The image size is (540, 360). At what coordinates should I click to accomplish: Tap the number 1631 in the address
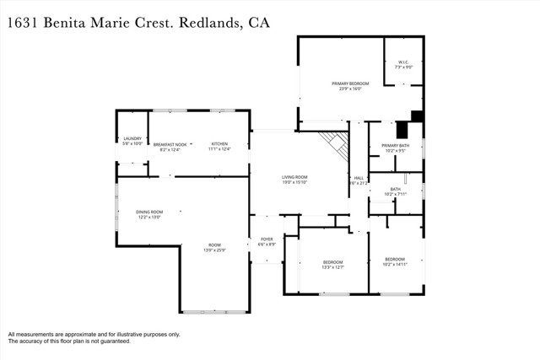(26, 23)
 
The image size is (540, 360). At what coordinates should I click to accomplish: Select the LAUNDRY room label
(132, 138)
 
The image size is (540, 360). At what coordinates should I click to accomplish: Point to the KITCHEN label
(219, 143)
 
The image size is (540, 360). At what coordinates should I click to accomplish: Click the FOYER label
(267, 239)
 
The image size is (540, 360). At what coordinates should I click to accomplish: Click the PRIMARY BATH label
(395, 146)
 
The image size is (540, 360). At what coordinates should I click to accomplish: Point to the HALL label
(358, 178)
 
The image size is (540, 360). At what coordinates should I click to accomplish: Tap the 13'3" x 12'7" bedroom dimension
(333, 266)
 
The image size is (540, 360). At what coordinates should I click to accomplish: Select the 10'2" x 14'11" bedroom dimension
(395, 264)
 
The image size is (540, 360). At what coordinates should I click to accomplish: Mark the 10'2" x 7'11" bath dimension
(395, 194)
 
